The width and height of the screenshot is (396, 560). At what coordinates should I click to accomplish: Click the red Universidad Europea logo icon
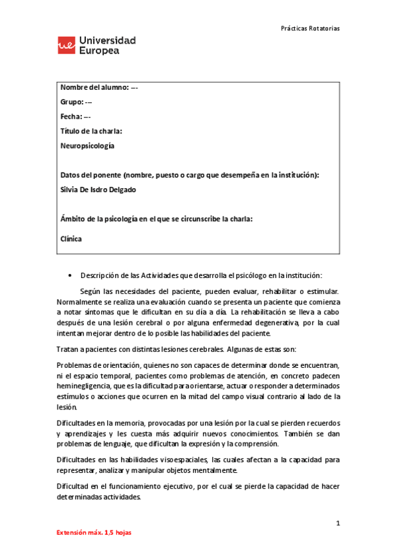pyautogui.click(x=66, y=45)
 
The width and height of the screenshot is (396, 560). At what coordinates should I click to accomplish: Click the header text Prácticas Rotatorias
pyautogui.click(x=310, y=28)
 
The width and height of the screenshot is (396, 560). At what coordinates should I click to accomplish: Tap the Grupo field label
pyautogui.click(x=72, y=102)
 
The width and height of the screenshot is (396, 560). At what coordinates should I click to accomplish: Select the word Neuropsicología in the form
pyautogui.click(x=87, y=145)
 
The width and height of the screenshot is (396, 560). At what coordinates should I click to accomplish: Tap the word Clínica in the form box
pyautogui.click(x=71, y=238)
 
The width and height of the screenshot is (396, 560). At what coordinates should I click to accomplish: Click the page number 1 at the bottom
pyautogui.click(x=337, y=523)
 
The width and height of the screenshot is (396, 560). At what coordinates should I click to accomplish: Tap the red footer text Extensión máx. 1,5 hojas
pyautogui.click(x=94, y=532)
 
